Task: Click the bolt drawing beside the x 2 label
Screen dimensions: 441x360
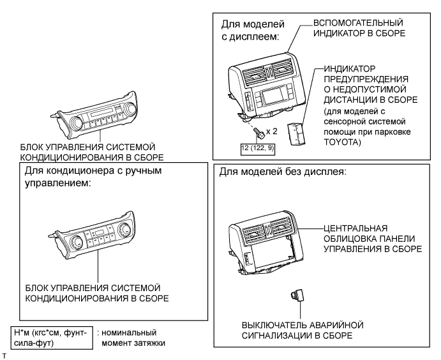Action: point(259,133)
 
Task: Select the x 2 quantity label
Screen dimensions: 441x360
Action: point(271,131)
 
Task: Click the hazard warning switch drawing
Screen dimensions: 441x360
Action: point(297,296)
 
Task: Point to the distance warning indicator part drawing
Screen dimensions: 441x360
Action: point(297,134)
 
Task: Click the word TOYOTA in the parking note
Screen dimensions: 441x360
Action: point(340,142)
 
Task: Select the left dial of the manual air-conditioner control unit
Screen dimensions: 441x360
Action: point(76,241)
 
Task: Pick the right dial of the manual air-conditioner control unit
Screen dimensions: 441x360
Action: point(124,229)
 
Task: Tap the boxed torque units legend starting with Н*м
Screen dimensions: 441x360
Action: point(52,338)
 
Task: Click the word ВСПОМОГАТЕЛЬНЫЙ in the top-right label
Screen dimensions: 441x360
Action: point(358,23)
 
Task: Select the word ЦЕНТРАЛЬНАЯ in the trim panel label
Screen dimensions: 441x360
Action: point(355,228)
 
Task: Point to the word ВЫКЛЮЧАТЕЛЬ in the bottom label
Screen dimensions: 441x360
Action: point(274,325)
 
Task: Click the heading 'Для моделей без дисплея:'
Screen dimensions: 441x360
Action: point(283,172)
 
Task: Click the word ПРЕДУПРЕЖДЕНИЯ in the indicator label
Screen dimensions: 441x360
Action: point(366,79)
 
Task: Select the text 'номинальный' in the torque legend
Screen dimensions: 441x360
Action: point(129,333)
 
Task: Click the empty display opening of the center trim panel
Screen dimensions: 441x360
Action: point(269,255)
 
